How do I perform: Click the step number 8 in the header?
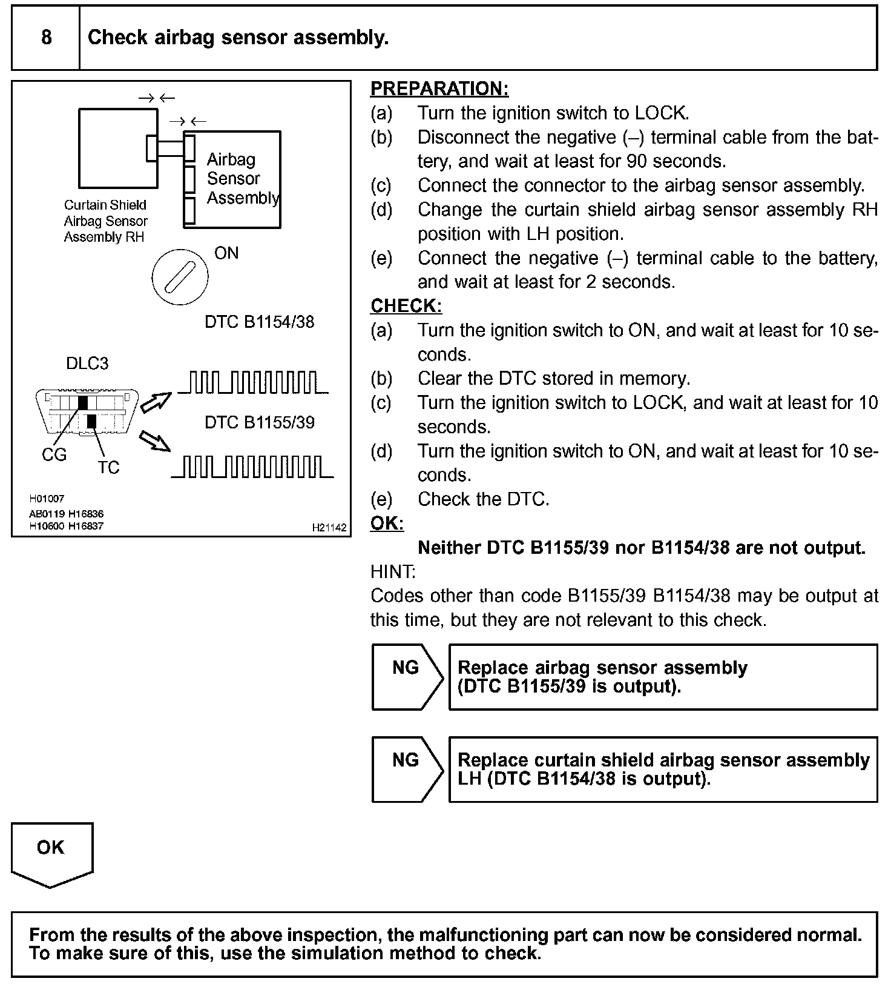click(46, 38)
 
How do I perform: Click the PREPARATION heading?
click(439, 88)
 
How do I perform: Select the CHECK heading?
click(406, 306)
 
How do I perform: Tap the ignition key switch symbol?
click(180, 278)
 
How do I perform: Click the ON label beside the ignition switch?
click(226, 253)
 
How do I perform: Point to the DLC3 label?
click(87, 364)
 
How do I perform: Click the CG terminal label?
click(54, 455)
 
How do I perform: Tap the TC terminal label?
click(109, 468)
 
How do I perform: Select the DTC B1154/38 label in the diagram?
click(260, 322)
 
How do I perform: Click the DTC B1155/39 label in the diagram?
click(260, 422)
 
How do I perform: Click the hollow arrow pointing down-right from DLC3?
click(155, 441)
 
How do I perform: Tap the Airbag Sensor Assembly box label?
click(242, 179)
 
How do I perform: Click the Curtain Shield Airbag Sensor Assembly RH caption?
click(105, 221)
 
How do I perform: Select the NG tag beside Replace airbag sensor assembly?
click(406, 668)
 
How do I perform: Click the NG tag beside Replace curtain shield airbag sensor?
click(406, 760)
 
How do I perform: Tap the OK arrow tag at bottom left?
click(51, 848)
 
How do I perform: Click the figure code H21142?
click(329, 528)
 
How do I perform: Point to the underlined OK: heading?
click(387, 524)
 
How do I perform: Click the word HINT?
click(392, 571)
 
